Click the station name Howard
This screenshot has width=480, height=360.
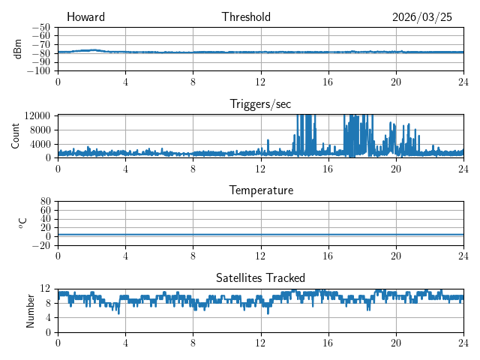85,16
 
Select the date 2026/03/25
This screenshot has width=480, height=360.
421,17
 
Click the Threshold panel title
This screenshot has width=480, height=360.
246,16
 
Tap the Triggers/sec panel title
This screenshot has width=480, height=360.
260,104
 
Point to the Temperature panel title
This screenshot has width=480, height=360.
261,190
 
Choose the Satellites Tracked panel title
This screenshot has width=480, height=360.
260,277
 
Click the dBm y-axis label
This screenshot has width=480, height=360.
18,49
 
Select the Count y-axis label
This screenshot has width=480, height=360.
15,136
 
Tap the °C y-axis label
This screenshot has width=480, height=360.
22,223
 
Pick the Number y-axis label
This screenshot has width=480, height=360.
30,310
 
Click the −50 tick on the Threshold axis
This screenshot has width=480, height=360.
41,28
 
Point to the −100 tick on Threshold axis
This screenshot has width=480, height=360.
38,71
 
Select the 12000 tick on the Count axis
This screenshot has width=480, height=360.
37,115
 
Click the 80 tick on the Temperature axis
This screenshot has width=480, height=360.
45,202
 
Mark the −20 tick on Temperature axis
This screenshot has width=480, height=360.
41,245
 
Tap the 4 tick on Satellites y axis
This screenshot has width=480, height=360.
47,318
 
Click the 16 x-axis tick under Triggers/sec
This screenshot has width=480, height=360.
328,169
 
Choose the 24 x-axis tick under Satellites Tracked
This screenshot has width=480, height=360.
463,343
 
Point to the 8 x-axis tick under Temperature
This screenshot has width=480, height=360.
193,256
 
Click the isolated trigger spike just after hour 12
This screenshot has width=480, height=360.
268,145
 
